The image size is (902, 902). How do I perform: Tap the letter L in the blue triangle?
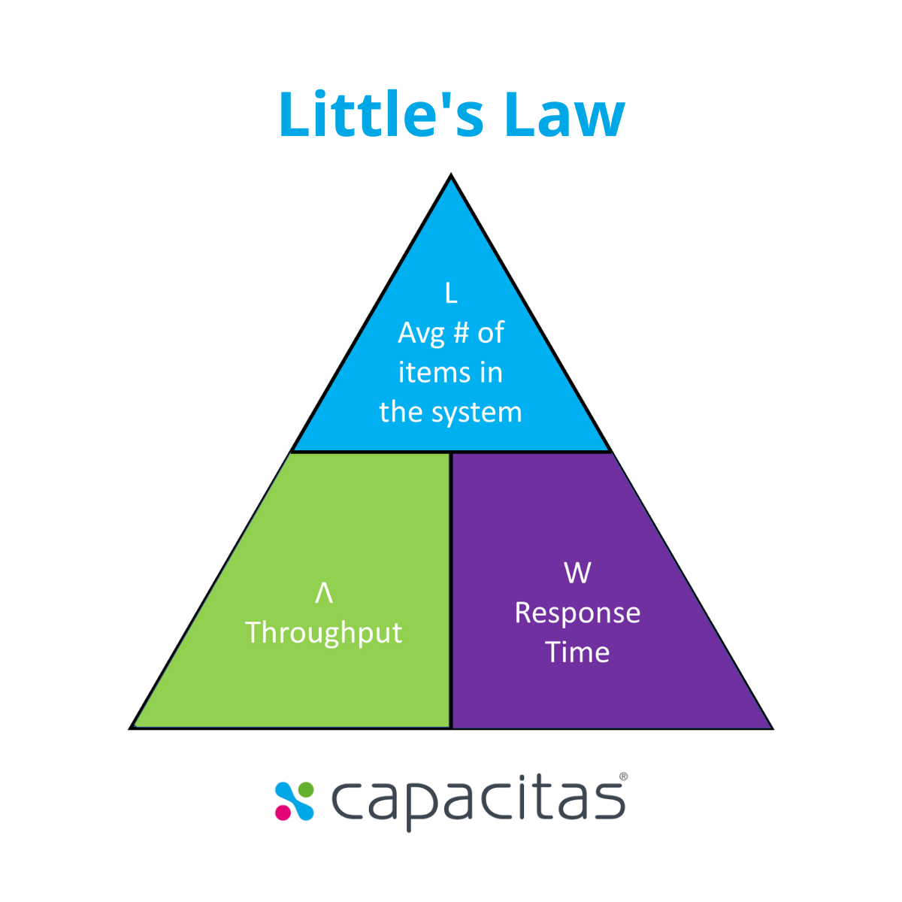tap(451, 293)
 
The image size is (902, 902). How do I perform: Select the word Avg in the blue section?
tap(421, 333)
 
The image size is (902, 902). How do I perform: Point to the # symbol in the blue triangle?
tap(461, 333)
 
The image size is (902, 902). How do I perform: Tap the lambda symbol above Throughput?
tap(324, 593)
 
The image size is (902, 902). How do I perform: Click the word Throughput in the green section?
tap(324, 633)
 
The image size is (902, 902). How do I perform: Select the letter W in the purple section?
tap(577, 573)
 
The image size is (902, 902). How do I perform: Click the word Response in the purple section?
tap(577, 613)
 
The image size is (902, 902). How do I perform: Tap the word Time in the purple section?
tap(577, 652)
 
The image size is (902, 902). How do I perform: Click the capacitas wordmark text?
tap(478, 801)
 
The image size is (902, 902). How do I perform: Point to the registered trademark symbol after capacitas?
tap(623, 777)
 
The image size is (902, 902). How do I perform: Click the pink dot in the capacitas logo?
tap(283, 813)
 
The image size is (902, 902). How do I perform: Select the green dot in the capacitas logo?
tap(306, 789)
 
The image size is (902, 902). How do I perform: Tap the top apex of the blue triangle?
tap(451, 177)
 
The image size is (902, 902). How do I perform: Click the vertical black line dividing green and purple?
tap(451, 590)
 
